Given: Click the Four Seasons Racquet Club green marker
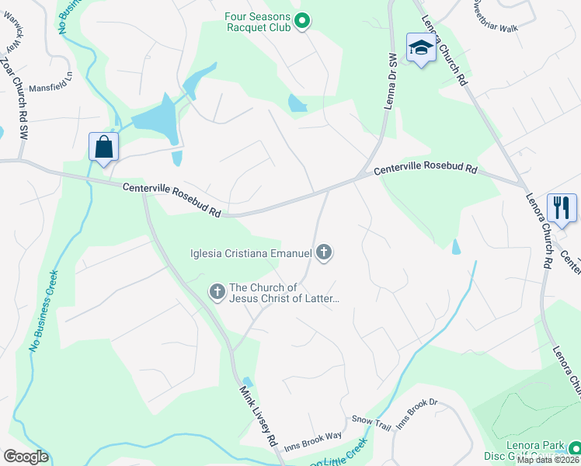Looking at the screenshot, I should (x=304, y=22).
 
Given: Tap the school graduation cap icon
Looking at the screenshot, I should (x=420, y=48).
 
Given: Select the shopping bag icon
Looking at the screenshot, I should (x=104, y=147).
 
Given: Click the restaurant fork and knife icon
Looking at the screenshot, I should (x=562, y=207).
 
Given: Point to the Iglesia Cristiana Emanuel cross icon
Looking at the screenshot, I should (x=325, y=252).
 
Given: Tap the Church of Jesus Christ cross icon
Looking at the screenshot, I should (x=217, y=292).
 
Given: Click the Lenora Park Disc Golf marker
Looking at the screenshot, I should (x=574, y=447).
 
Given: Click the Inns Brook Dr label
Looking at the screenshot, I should (x=418, y=414).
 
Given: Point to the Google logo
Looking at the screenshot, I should (x=26, y=456).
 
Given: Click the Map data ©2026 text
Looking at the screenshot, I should (x=548, y=460).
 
